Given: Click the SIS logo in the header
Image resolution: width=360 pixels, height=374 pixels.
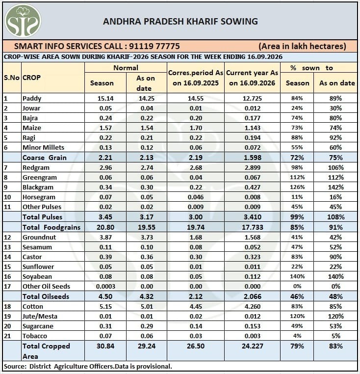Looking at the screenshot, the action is (23, 21).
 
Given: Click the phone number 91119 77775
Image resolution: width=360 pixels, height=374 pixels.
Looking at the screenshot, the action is (154, 46).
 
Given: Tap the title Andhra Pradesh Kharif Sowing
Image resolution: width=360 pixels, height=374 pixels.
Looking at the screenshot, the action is (180, 22).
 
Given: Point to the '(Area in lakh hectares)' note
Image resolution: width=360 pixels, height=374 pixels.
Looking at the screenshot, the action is (302, 46).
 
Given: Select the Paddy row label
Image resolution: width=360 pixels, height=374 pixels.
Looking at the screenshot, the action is (32, 98).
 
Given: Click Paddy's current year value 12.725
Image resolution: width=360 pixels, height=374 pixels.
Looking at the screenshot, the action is (252, 98).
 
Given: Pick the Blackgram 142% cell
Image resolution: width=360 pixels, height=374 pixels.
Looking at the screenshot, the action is (335, 187).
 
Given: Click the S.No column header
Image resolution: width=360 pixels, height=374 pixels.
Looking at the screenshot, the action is (12, 78).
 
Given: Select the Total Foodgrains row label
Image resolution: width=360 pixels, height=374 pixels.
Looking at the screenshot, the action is (51, 227).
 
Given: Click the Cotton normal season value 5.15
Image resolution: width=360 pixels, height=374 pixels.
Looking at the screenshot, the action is (105, 306).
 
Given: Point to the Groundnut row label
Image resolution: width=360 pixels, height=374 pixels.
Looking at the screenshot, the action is (39, 238).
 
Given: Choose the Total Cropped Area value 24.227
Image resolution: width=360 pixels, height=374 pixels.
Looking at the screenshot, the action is (252, 346).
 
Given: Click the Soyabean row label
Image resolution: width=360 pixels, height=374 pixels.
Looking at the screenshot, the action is (37, 277).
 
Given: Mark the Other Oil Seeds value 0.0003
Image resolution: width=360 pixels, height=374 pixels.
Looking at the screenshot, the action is (105, 287).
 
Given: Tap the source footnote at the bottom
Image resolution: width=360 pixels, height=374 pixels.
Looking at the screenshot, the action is (88, 366).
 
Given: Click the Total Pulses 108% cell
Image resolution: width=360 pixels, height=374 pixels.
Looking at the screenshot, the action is (335, 217).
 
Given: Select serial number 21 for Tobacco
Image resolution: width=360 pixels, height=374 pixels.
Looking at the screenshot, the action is (7, 336).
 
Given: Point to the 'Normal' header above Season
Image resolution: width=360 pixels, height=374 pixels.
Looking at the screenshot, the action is (126, 68).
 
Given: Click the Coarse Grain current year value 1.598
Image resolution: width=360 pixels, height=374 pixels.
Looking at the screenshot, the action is (252, 158).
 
